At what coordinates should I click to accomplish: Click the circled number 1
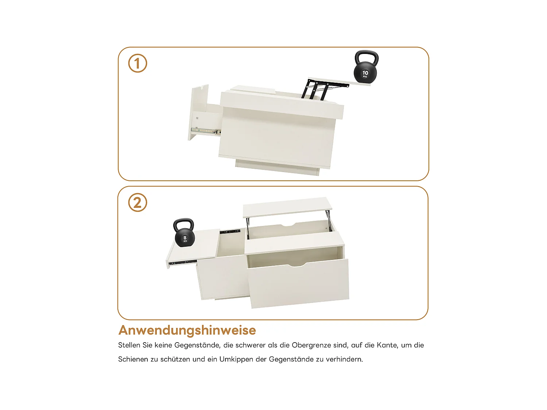(x=137, y=63)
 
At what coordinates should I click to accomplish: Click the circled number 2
(x=137, y=203)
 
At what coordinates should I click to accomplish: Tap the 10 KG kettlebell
(x=365, y=72)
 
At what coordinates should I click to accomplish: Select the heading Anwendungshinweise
(x=187, y=330)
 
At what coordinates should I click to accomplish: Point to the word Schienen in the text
(x=133, y=359)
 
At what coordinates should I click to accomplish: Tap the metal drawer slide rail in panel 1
(x=206, y=130)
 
